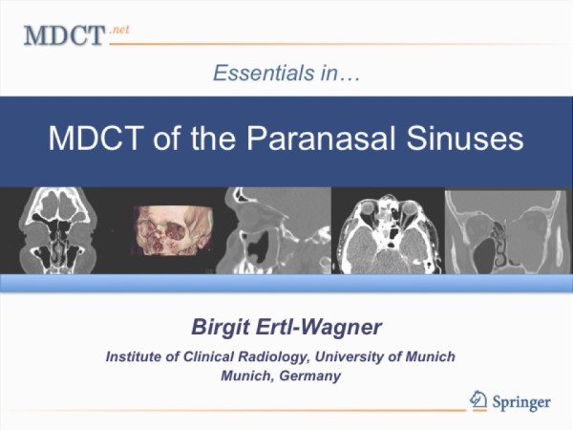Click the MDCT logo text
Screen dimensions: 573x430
point(64,35)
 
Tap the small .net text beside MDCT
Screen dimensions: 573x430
point(119,30)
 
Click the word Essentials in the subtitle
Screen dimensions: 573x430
point(264,73)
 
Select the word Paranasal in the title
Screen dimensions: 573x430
point(323,139)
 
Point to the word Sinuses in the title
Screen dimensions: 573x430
point(465,139)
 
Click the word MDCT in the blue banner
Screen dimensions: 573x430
point(95,139)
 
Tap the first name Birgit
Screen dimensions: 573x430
point(221,327)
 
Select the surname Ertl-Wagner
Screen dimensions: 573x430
point(319,327)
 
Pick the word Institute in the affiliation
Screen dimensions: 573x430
point(134,356)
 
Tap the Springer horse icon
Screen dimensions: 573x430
point(478,399)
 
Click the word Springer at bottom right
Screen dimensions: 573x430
point(521,402)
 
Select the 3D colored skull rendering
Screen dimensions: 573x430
point(172,230)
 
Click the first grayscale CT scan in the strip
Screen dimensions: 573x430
point(56,230)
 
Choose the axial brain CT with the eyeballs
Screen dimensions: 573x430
point(388,234)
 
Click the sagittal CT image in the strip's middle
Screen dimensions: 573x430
point(275,230)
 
